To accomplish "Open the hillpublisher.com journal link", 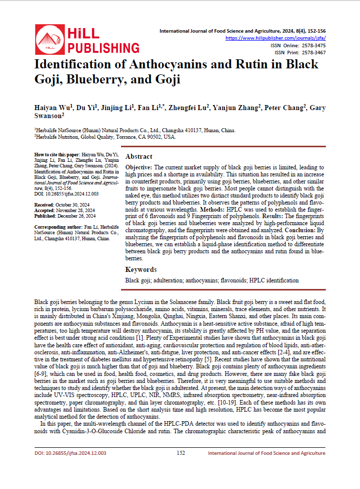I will point(276,38).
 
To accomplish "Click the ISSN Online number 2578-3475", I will point(312,45).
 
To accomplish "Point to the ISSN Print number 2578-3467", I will point(312,52).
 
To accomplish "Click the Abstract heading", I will point(139,156).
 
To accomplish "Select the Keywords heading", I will point(141,269).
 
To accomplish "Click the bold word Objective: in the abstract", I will point(139,167).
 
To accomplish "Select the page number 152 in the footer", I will point(181,453).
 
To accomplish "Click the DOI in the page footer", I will point(70,453).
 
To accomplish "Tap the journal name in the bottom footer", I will point(266,453).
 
